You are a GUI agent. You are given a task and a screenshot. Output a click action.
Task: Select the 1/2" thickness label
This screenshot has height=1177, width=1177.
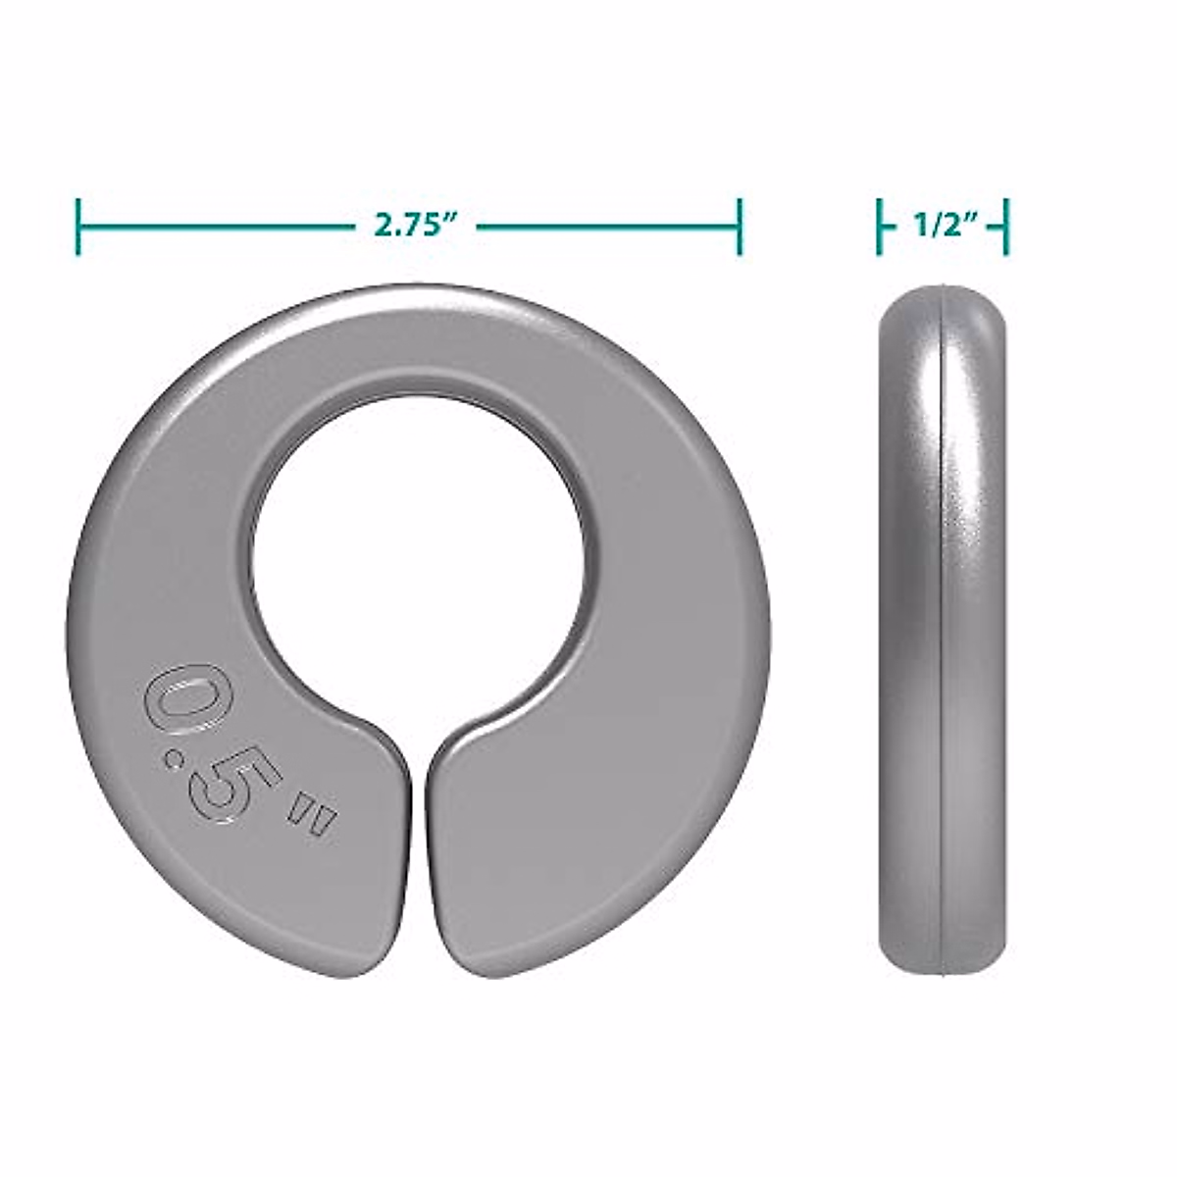[942, 227]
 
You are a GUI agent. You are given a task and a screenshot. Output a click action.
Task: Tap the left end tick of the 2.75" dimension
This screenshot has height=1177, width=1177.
[77, 226]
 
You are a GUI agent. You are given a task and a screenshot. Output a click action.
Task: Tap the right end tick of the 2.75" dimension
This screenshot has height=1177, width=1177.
[740, 226]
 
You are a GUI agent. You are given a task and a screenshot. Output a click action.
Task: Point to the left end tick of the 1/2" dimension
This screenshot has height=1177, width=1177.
[880, 227]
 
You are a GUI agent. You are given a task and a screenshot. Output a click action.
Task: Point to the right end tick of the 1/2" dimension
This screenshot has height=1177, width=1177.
[1005, 227]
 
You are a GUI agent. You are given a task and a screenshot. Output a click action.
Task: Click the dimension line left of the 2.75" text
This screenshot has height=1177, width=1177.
[216, 226]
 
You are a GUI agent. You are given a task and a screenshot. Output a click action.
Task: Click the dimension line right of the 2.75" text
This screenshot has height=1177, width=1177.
[608, 226]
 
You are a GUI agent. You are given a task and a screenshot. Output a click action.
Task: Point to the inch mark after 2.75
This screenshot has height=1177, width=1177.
[452, 219]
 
